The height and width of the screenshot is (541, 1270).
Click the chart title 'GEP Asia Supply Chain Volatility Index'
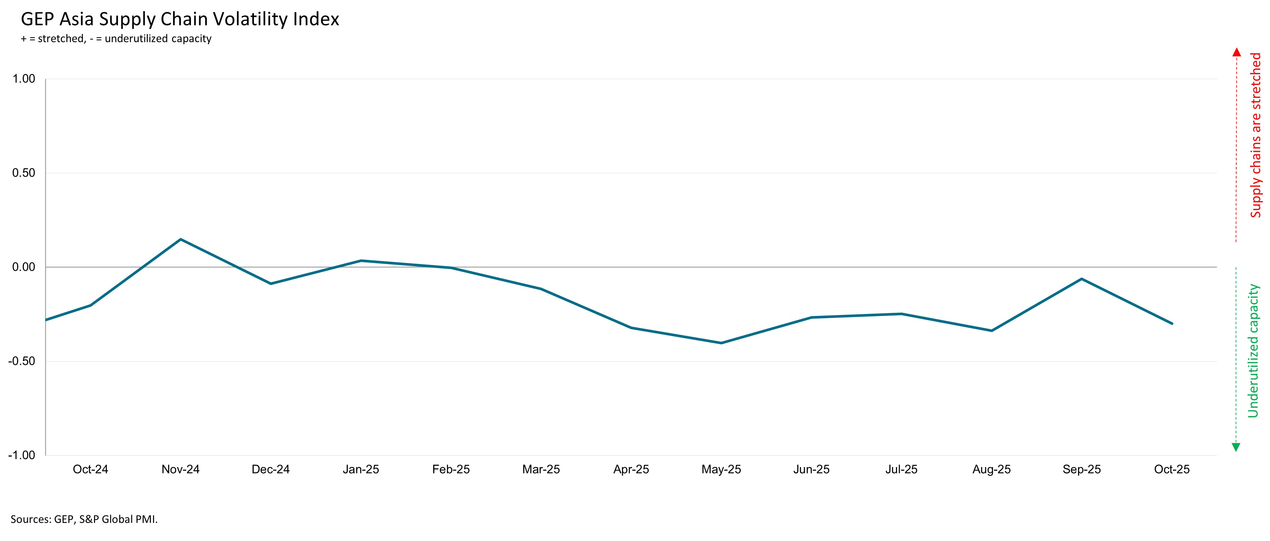180,19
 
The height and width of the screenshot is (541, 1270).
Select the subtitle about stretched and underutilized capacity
116,39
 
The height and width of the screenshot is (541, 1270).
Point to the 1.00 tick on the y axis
24,79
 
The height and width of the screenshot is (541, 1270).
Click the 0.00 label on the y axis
24,267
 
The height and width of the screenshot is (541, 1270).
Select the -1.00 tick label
22,455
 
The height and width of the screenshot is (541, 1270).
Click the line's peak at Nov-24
180,239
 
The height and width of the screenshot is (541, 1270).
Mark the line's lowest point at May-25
721,343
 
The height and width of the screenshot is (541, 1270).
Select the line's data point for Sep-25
1082,279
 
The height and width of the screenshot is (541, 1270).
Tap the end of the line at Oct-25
1172,323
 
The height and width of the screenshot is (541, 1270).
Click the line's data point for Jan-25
361,260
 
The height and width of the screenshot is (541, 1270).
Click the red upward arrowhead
1237,52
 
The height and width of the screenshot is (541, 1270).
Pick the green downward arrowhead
1236,447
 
